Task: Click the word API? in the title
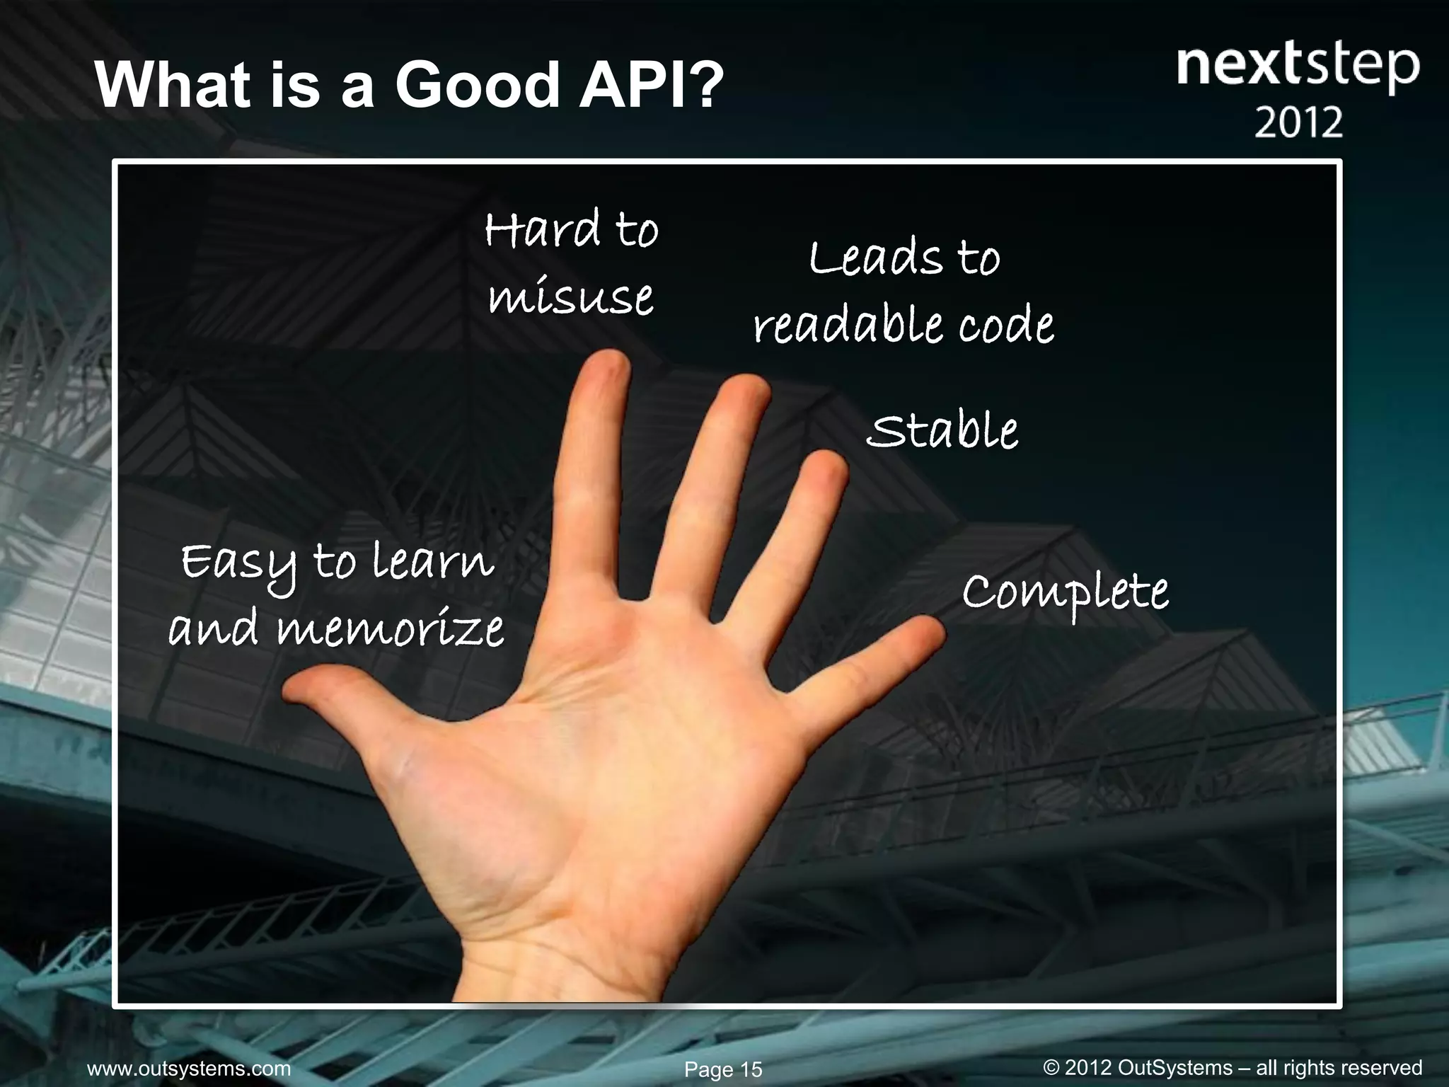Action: [650, 85]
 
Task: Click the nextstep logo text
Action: [1298, 67]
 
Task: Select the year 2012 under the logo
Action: [1298, 122]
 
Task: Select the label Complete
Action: [1065, 593]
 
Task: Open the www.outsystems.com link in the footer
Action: [188, 1069]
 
